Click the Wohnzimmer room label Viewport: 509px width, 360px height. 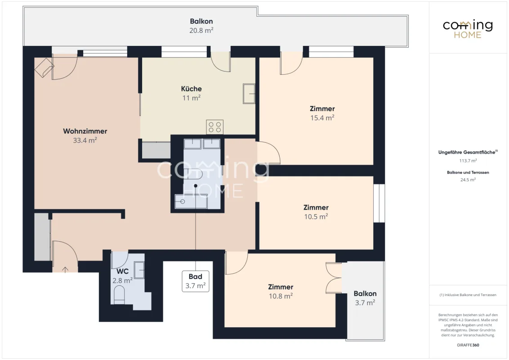point(85,131)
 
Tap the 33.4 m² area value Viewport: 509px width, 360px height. point(85,140)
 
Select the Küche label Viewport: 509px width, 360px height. point(191,89)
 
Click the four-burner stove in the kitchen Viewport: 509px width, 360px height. point(215,127)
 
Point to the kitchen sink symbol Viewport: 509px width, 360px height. point(249,94)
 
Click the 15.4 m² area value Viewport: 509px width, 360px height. point(322,118)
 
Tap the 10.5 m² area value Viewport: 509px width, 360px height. point(316,217)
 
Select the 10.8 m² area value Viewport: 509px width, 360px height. point(281,296)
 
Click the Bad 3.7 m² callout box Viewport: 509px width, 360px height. point(196,281)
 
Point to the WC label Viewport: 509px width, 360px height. point(123,271)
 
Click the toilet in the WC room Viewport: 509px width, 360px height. point(119,295)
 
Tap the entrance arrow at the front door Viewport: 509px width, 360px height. point(65,270)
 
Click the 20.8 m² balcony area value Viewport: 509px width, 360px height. point(201,31)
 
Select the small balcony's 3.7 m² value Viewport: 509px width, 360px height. point(365,303)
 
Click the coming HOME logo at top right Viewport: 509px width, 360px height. point(468,29)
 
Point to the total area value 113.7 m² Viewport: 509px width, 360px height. point(468,161)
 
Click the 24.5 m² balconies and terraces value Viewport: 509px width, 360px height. point(468,180)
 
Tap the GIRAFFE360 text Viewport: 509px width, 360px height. point(468,345)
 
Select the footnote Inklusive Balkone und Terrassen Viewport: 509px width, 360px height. point(468,295)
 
